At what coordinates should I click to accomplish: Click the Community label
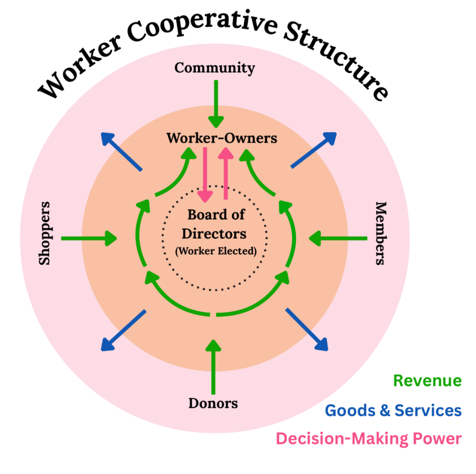(215, 68)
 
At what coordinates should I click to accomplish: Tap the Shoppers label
(45, 233)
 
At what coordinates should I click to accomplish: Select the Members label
(381, 233)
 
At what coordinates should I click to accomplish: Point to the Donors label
(213, 403)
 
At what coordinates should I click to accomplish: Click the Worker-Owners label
(222, 138)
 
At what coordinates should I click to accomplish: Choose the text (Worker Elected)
(216, 251)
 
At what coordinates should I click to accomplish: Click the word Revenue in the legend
(427, 381)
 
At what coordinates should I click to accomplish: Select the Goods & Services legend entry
(393, 410)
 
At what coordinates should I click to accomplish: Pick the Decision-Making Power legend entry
(369, 439)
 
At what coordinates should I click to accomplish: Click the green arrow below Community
(216, 104)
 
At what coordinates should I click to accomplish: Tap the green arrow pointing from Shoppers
(89, 239)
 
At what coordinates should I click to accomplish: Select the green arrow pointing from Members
(337, 239)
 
